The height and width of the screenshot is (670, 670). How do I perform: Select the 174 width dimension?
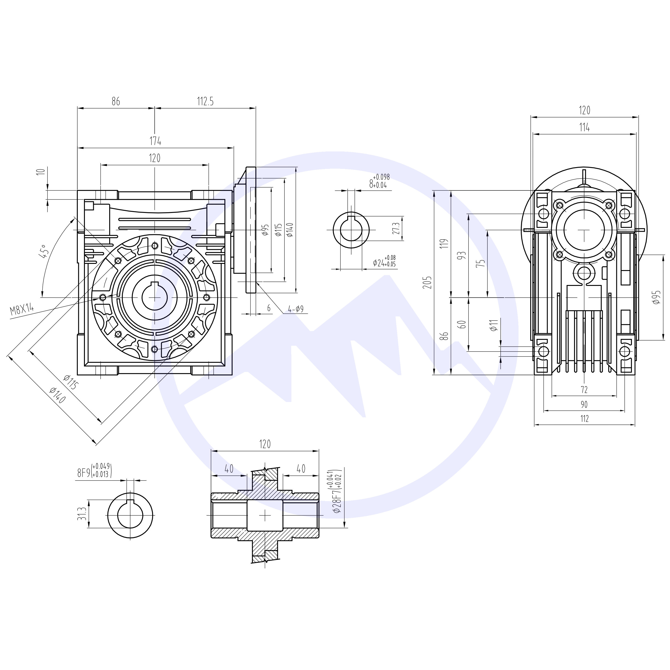coord(155,141)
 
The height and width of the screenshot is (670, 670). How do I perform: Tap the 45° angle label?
coord(43,251)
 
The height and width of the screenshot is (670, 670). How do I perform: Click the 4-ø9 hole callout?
coord(296,309)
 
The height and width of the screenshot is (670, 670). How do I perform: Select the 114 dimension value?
coord(584,128)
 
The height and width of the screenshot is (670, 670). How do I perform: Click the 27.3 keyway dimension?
coord(396,228)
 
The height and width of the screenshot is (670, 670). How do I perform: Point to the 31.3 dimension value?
coord(82,514)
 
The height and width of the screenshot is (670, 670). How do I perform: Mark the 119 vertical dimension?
coord(446,243)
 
